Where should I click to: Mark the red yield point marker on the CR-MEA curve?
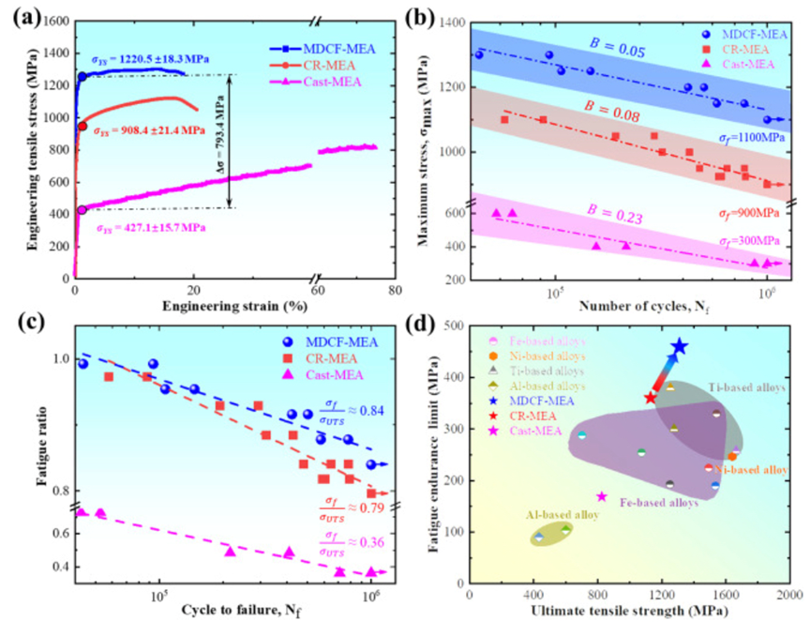pos(82,126)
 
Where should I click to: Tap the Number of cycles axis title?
pos(641,306)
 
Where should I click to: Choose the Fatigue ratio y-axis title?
pos(19,451)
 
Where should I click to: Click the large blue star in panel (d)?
pos(679,348)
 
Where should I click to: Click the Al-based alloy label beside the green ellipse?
pos(543,515)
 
